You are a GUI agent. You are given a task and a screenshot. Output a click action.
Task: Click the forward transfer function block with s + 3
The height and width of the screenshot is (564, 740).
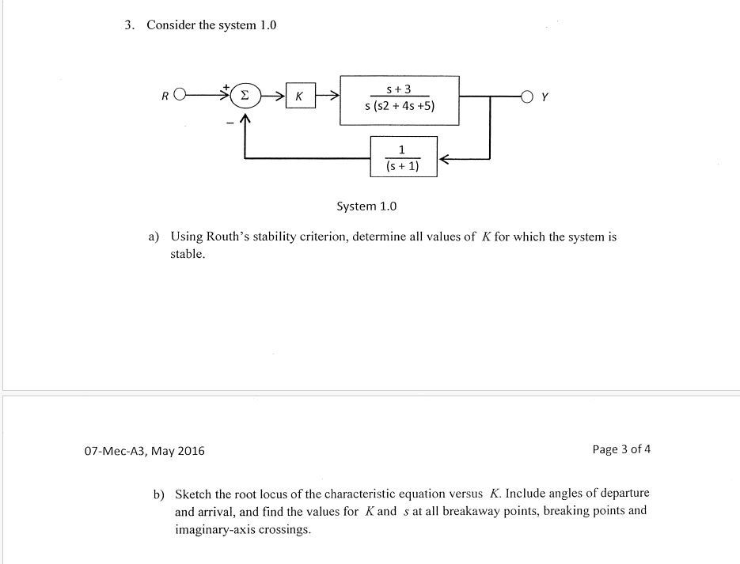(400, 100)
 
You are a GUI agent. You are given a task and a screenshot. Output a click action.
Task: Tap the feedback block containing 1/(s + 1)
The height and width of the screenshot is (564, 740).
(403, 157)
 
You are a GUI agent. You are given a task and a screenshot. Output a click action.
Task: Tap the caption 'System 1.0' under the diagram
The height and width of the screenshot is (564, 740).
(366, 206)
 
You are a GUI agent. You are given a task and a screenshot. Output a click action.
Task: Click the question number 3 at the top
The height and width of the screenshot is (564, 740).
(127, 25)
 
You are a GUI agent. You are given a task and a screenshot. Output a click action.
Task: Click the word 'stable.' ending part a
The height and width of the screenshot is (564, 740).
(188, 254)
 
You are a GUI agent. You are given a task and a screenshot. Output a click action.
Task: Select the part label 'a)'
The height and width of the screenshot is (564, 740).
(154, 237)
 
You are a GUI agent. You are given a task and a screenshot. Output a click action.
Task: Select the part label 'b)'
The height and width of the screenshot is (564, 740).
(159, 494)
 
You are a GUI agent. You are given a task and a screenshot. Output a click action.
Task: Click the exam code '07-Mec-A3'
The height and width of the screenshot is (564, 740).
(116, 451)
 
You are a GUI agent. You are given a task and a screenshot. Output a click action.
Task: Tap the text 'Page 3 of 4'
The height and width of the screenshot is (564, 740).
(621, 449)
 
